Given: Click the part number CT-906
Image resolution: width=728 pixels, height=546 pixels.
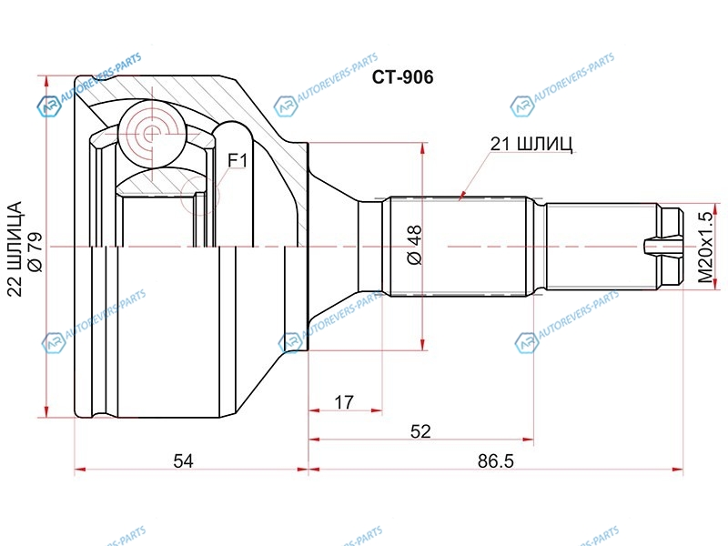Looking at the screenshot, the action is (402, 77).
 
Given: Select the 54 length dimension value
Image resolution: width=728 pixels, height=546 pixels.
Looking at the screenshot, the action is (183, 461).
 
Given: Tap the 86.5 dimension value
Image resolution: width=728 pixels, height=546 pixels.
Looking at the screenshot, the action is (495, 461).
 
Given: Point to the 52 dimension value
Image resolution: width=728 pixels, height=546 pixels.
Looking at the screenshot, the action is (420, 431).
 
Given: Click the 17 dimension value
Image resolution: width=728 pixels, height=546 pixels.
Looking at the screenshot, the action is (344, 402).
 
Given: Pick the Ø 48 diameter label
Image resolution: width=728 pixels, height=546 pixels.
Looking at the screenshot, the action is (415, 245).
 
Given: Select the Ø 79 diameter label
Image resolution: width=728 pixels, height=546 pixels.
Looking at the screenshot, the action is (35, 252).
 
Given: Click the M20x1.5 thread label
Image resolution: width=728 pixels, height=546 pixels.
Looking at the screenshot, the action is (704, 247).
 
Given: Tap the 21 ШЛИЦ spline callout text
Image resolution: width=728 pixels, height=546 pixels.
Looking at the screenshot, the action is (531, 145).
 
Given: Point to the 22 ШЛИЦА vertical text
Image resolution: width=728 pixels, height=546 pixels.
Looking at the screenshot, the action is (15, 248).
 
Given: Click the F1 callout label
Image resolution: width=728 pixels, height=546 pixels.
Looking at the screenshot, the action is (238, 161).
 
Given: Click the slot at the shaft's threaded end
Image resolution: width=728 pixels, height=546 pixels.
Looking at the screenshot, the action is (663, 246).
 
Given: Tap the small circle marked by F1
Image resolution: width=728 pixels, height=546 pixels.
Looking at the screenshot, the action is (199, 196).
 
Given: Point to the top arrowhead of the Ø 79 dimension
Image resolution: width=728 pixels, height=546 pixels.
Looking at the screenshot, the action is (46, 81).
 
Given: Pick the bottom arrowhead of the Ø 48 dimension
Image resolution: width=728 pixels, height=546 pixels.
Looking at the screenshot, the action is (422, 344).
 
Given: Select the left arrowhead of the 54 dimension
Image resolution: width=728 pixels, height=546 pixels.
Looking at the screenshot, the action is (81, 470).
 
